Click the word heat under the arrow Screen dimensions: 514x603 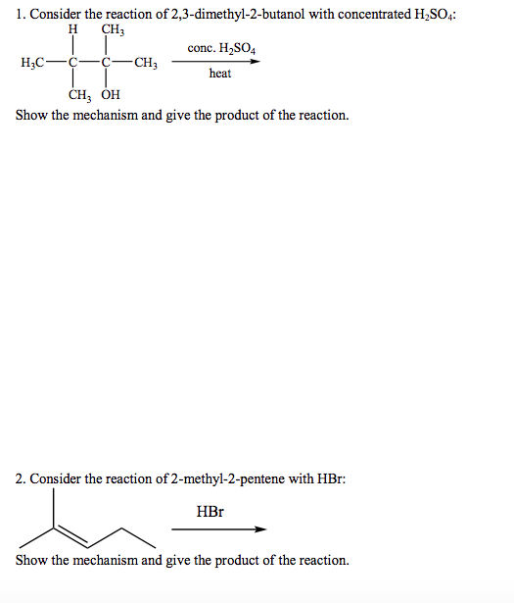(x=220, y=74)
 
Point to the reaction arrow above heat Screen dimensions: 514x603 (x=217, y=61)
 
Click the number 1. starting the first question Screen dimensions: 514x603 (x=21, y=13)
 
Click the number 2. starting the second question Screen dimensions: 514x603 (x=21, y=478)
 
